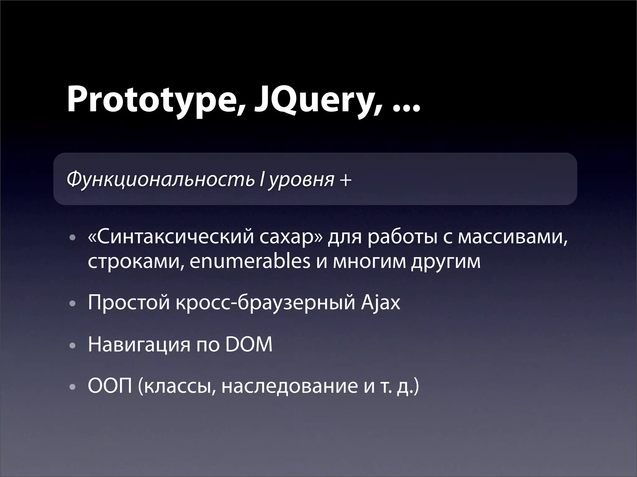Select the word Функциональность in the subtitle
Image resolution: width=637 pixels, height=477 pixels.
(160, 179)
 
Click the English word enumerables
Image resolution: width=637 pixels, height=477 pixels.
(250, 262)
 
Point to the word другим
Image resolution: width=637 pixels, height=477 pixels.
(445, 262)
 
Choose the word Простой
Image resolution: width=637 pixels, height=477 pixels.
(129, 303)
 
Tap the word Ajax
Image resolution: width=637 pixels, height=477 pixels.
(381, 303)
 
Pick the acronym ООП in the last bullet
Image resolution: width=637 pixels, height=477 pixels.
(110, 387)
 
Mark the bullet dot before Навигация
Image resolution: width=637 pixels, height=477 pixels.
(72, 346)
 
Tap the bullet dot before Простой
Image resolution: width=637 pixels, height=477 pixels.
(72, 304)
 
